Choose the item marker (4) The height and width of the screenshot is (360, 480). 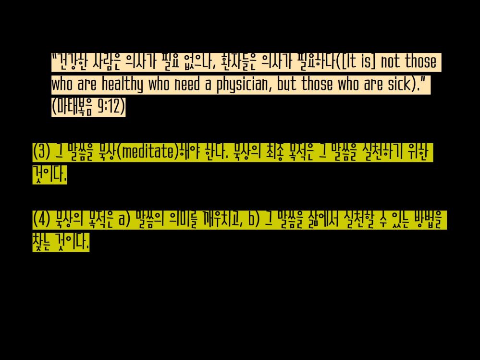(x=41, y=220)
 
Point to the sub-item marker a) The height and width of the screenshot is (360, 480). (x=126, y=220)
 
